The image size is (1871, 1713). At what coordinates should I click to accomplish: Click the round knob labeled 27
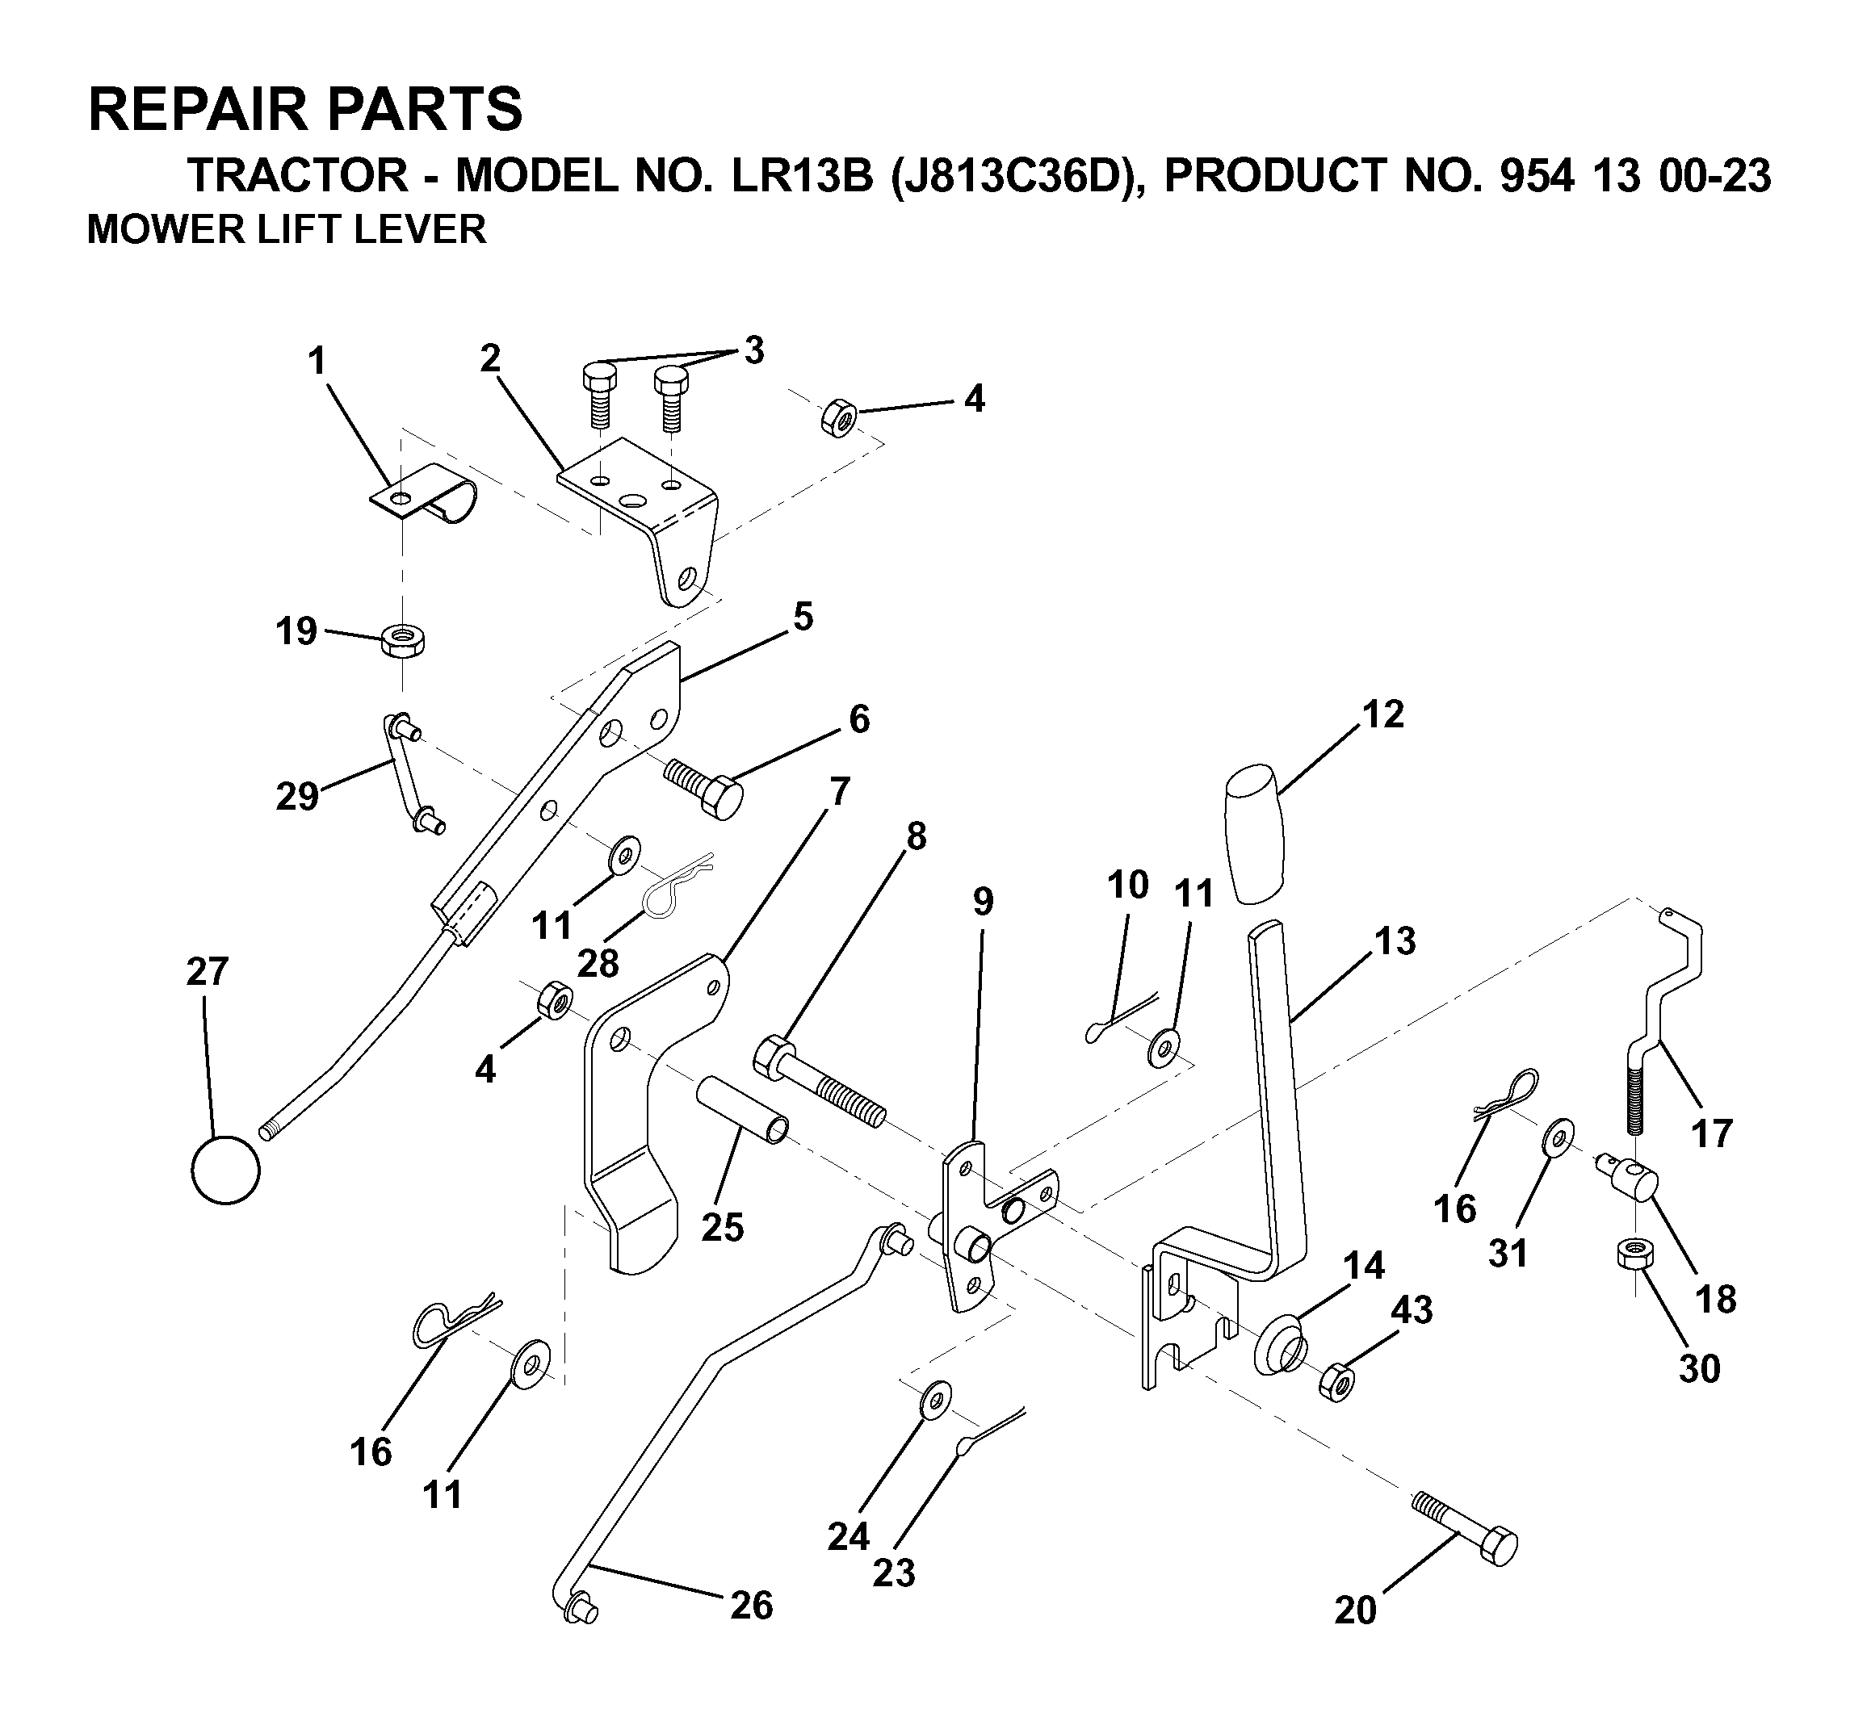pyautogui.click(x=225, y=1171)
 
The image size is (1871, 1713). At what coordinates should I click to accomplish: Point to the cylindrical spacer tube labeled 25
pyautogui.click(x=745, y=1109)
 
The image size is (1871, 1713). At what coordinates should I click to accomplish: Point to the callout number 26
pyautogui.click(x=751, y=1605)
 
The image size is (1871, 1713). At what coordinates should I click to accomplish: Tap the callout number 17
pyautogui.click(x=1712, y=1133)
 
